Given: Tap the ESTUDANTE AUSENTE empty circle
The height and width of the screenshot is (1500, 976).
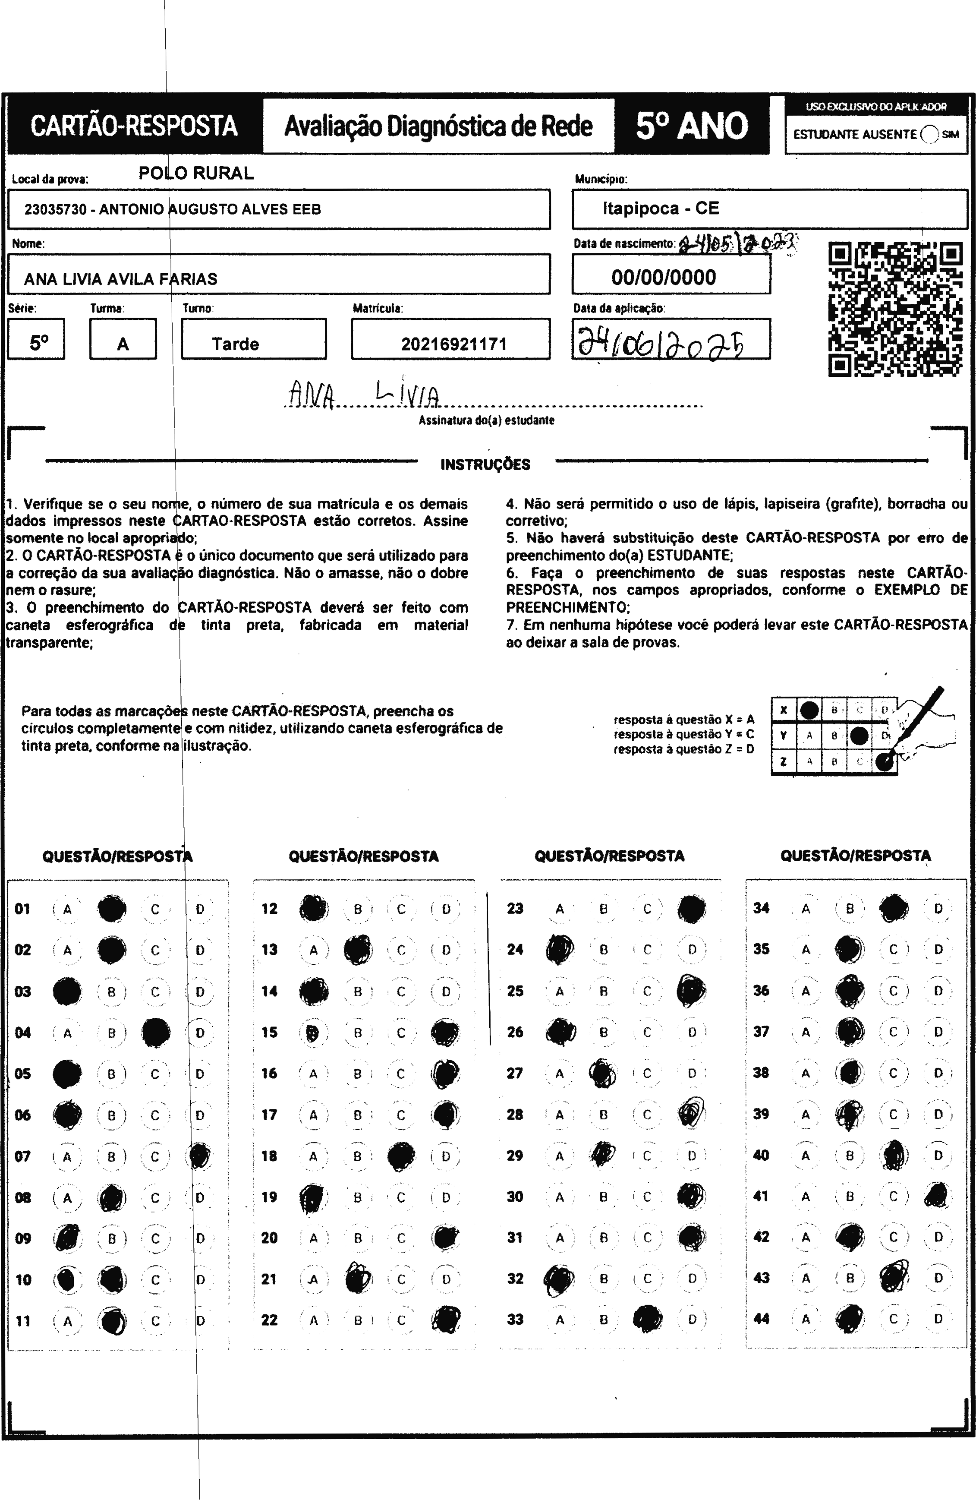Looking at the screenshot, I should pos(929,134).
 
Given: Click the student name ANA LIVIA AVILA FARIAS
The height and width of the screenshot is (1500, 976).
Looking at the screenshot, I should pos(121,278).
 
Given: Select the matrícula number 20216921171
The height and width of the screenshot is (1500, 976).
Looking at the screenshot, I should pos(453,344).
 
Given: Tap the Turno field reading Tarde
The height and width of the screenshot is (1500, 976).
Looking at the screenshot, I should pos(236,344).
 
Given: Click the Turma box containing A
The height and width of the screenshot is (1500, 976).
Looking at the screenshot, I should pos(123,344).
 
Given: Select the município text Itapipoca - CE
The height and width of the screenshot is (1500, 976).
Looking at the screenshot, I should pos(660,208).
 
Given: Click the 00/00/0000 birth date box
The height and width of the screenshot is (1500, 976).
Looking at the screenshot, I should pos(664,277).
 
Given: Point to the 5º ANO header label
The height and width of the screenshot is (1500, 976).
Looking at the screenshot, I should pos(692,126).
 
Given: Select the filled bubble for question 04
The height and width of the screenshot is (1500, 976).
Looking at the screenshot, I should pos(156,1033).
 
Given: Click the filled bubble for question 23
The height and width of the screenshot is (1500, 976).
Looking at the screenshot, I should pos(692,909).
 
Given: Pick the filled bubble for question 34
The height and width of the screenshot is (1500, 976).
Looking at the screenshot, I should pos(894,908).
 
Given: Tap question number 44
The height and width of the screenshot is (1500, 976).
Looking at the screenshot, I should pos(761,1319).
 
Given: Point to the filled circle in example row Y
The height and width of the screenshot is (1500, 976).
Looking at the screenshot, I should pos(859,735).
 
